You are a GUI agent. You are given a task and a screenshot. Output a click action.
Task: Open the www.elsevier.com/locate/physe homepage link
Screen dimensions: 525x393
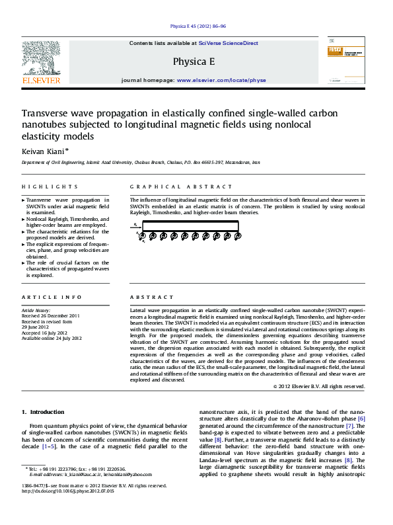pos(221,79)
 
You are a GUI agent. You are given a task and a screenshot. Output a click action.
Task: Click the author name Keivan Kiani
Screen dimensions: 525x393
pos(42,151)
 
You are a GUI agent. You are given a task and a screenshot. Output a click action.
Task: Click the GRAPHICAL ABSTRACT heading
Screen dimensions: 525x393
pos(167,187)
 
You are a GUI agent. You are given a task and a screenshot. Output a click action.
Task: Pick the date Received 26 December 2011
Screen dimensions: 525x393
pos(52,315)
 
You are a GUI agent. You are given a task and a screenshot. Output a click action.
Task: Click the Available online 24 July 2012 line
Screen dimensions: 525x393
pos(52,338)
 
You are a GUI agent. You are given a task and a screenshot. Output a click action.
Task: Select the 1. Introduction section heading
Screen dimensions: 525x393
pos(43,412)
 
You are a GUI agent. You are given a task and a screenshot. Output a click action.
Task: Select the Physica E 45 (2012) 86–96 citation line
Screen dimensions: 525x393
pos(196,27)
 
